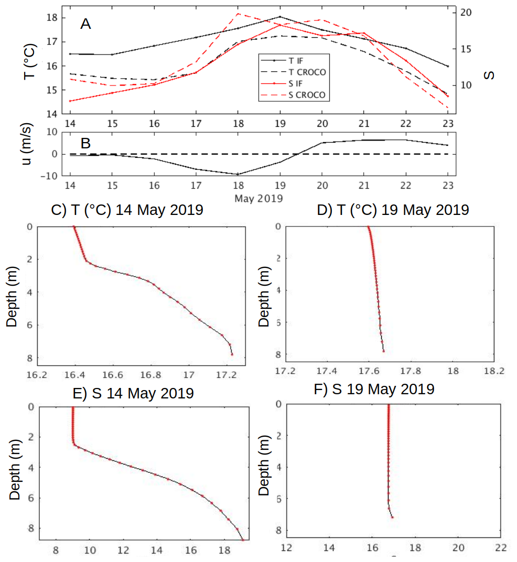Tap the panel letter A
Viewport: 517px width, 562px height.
point(85,24)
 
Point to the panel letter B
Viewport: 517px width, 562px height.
point(85,144)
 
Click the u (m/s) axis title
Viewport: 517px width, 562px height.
point(29,153)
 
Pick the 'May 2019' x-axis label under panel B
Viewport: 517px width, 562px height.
point(259,199)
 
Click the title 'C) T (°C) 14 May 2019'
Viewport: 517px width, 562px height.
point(127,210)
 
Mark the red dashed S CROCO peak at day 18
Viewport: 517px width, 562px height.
point(238,14)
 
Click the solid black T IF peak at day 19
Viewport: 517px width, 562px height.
point(280,17)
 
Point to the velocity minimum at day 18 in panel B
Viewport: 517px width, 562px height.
point(238,174)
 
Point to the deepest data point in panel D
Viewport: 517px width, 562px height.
point(384,351)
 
